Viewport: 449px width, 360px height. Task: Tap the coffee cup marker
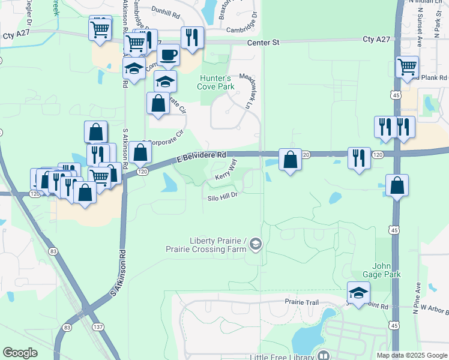tap(168, 55)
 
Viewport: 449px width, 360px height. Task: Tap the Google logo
tap(20, 353)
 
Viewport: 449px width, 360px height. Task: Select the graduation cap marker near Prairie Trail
tap(358, 293)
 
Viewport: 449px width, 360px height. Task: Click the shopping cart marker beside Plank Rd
tap(408, 67)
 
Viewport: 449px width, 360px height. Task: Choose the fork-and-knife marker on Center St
tap(192, 37)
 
